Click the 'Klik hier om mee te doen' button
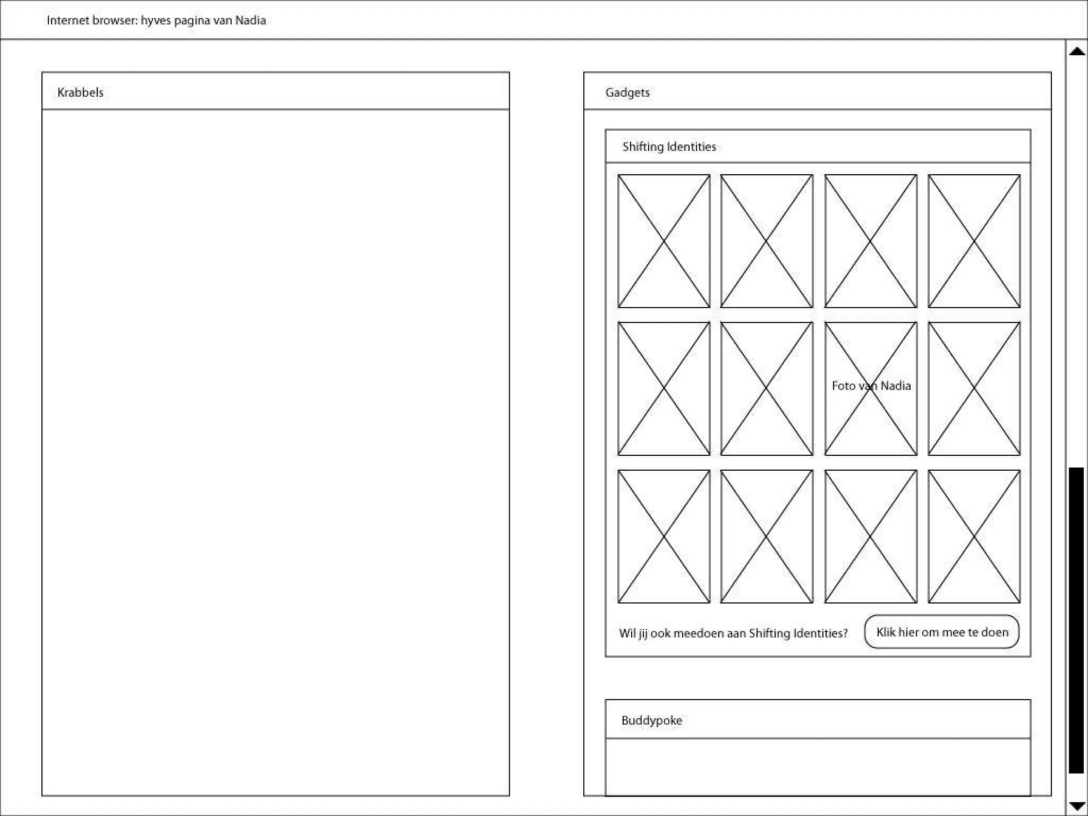coord(941,632)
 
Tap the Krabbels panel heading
coord(80,92)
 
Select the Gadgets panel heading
coord(627,92)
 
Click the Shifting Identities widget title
coord(669,147)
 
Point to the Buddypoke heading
coord(651,720)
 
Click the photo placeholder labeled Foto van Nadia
coord(871,388)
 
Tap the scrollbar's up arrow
coord(1077,52)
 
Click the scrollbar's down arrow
coord(1077,806)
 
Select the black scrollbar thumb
coord(1076,619)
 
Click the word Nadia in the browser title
coord(250,20)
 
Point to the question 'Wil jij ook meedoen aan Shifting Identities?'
coord(733,633)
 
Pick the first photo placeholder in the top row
coord(664,241)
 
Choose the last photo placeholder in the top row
coord(974,241)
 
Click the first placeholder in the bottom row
coord(664,536)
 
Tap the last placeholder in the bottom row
coord(974,536)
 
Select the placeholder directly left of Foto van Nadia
coord(767,388)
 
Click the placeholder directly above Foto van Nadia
coord(871,241)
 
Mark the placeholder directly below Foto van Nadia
coord(871,536)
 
